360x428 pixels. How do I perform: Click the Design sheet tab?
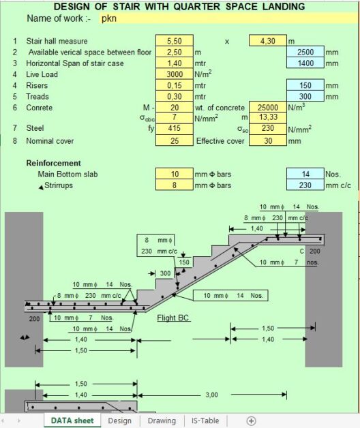coord(119,421)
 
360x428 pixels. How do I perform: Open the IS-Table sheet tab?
coord(205,421)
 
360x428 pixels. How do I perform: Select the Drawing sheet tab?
coord(162,421)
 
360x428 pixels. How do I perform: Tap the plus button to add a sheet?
coord(251,421)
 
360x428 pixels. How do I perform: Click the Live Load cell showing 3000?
coord(175,74)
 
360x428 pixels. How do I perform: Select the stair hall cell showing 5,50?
coord(175,41)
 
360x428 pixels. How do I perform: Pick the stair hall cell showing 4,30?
coord(268,41)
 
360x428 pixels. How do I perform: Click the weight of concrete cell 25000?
coord(268,107)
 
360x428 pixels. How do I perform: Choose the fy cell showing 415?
coord(175,128)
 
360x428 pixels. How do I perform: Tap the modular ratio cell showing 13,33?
coord(268,117)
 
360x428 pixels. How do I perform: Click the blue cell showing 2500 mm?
coord(305,52)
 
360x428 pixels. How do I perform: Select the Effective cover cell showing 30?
coord(268,140)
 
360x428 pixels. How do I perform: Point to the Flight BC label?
coord(173,318)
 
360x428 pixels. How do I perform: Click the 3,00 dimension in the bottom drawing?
coord(211,395)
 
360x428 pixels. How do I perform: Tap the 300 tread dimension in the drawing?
coord(165,273)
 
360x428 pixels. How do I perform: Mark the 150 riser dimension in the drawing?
coord(184,262)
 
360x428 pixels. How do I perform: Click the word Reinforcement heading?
coord(54,164)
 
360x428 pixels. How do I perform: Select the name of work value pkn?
coord(109,18)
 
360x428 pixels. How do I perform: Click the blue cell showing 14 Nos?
coord(305,174)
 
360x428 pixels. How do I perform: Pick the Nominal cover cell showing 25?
coord(175,140)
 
